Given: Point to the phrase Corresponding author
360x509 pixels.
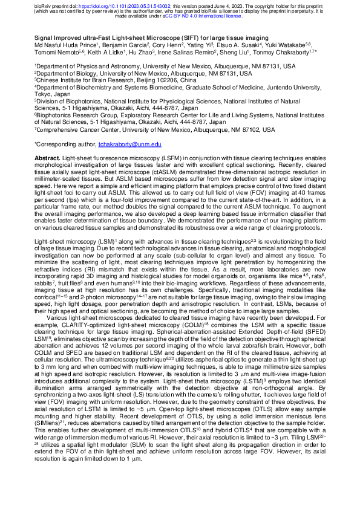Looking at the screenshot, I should click(x=61, y=145).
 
